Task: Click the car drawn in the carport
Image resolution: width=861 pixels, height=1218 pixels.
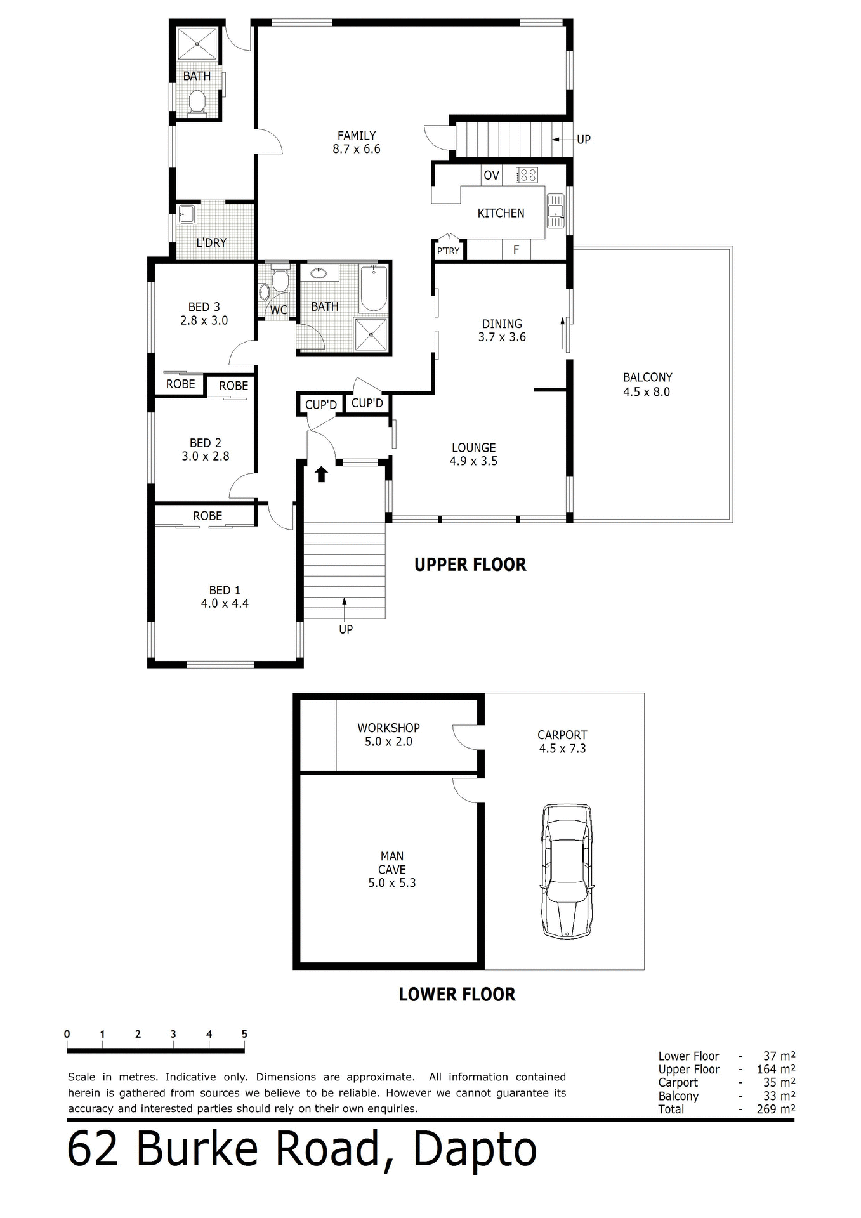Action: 567,871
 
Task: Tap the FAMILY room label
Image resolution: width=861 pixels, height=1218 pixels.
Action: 356,136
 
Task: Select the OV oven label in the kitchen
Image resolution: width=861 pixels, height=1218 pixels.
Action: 491,176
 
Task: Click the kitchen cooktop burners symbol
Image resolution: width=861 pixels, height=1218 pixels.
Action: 527,175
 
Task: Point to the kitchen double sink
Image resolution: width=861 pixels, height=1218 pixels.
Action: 556,211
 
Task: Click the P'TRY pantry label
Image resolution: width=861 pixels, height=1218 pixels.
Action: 448,251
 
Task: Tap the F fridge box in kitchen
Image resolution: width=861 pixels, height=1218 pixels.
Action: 516,250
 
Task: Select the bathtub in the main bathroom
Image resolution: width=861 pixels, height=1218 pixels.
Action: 374,289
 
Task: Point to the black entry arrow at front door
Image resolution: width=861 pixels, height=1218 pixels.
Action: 321,474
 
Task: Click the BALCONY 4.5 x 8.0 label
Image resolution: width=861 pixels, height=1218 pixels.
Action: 647,384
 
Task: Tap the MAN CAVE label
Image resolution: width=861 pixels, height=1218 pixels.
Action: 391,863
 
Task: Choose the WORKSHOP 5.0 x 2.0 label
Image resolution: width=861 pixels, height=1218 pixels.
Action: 388,735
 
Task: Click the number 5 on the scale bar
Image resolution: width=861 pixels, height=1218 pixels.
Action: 244,1034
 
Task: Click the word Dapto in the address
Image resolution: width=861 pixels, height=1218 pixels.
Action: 475,1150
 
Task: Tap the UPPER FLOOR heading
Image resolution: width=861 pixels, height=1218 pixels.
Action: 470,565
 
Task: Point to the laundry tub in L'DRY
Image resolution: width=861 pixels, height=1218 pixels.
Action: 187,214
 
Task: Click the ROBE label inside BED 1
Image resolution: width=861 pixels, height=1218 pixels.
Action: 207,516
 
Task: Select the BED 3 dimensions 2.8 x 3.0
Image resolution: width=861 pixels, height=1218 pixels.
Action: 204,320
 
